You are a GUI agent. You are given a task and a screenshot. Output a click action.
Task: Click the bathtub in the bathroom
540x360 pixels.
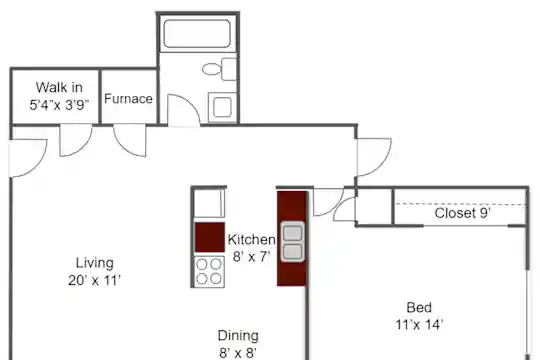coord(197,33)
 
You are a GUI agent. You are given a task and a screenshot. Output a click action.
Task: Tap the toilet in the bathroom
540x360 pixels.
coord(219,69)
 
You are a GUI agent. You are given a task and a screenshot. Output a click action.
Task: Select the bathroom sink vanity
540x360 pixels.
coord(222,107)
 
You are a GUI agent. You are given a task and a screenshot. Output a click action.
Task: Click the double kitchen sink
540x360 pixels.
coord(292,242)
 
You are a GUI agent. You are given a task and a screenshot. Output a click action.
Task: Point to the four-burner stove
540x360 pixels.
coord(209,271)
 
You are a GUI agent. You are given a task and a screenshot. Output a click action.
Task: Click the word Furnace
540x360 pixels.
coord(128,99)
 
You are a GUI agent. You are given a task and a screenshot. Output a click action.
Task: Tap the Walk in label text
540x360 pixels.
coord(59,88)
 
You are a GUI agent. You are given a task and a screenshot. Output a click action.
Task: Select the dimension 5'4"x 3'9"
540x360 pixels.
coord(59,105)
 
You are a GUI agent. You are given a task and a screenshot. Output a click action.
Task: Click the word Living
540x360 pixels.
coord(95,263)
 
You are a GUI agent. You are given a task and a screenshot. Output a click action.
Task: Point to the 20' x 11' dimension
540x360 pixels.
coord(94,281)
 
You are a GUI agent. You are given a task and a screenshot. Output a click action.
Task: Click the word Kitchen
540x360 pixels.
coord(251,239)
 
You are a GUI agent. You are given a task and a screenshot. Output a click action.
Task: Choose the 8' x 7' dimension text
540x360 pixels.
coord(251,257)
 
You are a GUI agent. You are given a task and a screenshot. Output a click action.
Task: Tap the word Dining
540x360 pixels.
coord(238,336)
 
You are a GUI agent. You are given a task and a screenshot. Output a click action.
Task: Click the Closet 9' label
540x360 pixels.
coord(463,213)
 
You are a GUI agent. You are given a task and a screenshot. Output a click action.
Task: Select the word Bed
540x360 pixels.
coord(419,307)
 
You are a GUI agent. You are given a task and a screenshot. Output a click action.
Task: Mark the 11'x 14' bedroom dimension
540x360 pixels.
coord(419,325)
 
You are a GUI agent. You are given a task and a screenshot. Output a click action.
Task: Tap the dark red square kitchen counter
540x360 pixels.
coord(210,237)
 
